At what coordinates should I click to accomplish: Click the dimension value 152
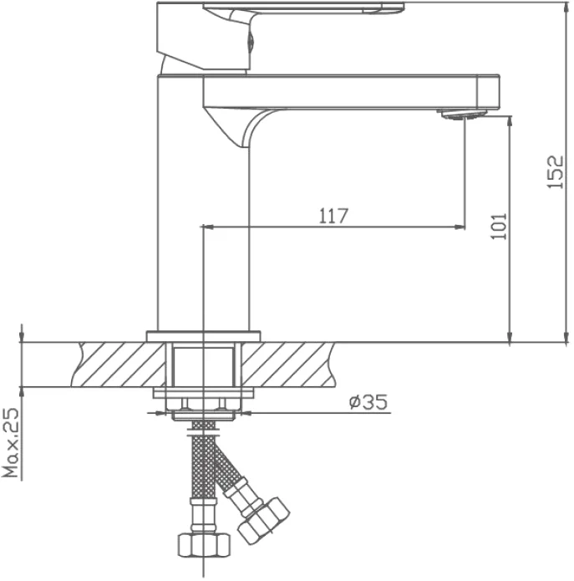[x=556, y=172]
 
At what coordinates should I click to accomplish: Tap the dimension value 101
[x=499, y=227]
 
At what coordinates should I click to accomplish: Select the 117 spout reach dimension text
[x=333, y=216]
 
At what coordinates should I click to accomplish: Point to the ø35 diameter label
[x=368, y=401]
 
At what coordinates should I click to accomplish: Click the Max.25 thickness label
[x=10, y=443]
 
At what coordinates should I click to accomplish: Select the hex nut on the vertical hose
[x=204, y=544]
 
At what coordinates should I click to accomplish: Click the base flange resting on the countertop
[x=203, y=336]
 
